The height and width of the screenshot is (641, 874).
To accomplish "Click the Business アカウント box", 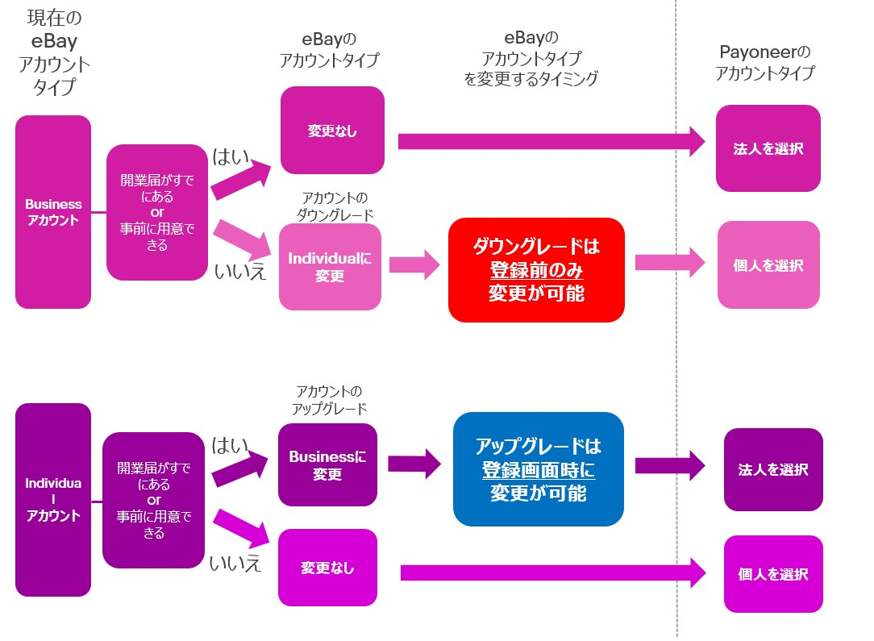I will coord(53,212).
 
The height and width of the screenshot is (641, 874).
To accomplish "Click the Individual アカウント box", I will coord(53,500).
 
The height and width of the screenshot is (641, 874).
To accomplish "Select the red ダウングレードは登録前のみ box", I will coord(536,270).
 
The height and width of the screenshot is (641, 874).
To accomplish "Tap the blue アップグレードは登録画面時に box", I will coord(539,469).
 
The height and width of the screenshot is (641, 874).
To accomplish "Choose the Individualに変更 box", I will coord(330,267).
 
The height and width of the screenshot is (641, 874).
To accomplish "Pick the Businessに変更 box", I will coord(327,465).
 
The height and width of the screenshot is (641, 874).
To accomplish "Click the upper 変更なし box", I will coord(332,131).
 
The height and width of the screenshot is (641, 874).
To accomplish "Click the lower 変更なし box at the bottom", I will coord(327,568).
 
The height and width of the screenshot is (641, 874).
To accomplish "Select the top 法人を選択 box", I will coord(768,149).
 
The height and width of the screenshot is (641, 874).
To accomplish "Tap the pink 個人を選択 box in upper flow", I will coord(768,265).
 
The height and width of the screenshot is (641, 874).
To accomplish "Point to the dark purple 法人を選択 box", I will coord(773,469).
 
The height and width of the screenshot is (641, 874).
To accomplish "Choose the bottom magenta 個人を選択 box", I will coord(773,574).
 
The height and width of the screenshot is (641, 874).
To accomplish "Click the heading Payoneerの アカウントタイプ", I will coord(765,63).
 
